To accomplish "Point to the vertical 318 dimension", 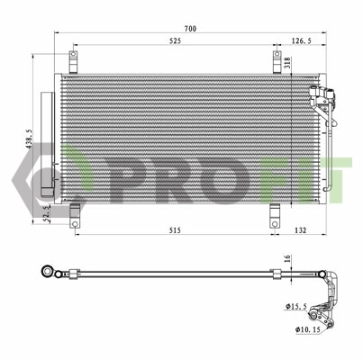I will click(287, 62).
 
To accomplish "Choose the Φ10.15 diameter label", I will click(307, 328).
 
